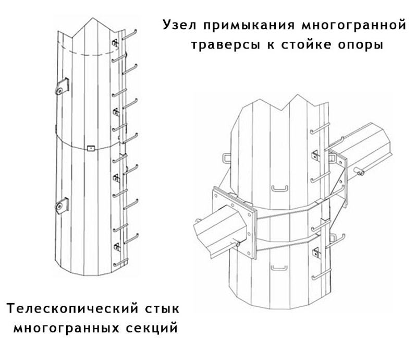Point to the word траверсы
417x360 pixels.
tap(226, 45)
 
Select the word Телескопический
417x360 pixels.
tap(72, 309)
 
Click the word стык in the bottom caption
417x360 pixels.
tap(162, 309)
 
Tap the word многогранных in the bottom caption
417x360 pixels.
tap(66, 328)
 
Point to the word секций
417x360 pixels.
tap(152, 328)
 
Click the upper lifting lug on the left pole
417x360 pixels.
tap(62, 86)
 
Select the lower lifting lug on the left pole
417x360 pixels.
tap(62, 206)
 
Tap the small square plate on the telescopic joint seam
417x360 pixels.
tap(91, 148)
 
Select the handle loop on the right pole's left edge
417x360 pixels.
tap(226, 158)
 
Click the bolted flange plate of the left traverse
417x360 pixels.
tap(234, 221)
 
